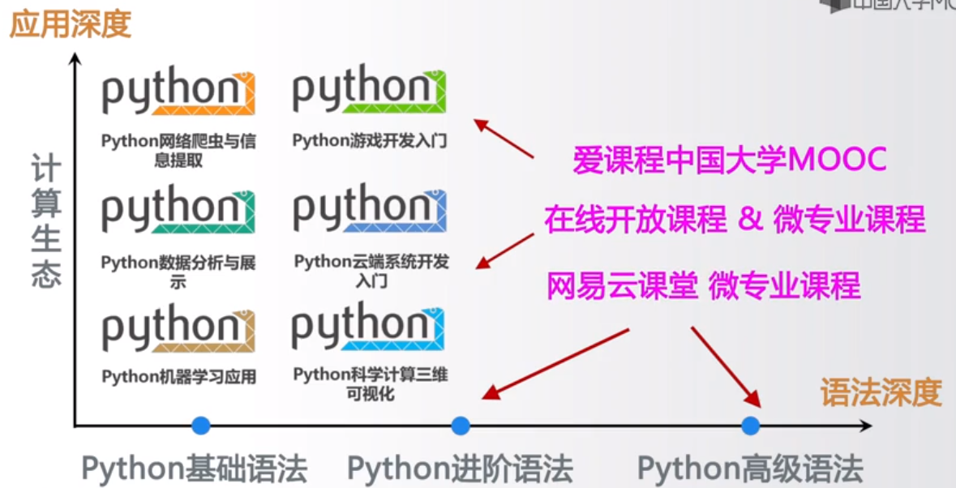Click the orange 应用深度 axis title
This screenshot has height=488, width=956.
[x=70, y=24]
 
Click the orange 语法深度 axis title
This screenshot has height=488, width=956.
[x=881, y=392]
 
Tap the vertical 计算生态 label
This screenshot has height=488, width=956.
[x=46, y=221]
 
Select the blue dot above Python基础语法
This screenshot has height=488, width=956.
[x=200, y=425]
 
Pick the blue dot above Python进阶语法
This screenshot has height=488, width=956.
[x=461, y=425]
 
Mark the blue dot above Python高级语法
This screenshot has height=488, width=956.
[x=750, y=425]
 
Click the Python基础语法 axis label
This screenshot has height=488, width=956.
[x=195, y=469]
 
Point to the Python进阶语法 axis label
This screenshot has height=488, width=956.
[x=460, y=469]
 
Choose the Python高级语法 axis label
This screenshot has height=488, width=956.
[x=750, y=469]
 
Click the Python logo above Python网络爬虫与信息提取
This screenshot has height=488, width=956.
[x=178, y=94]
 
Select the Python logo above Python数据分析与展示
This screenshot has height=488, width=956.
[x=178, y=212]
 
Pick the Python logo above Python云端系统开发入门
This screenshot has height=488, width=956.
[x=369, y=211]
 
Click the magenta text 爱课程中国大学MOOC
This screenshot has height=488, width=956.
[x=729, y=160]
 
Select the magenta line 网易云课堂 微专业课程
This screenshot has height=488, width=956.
[x=703, y=285]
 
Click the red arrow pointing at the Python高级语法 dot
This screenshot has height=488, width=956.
[x=726, y=366]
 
